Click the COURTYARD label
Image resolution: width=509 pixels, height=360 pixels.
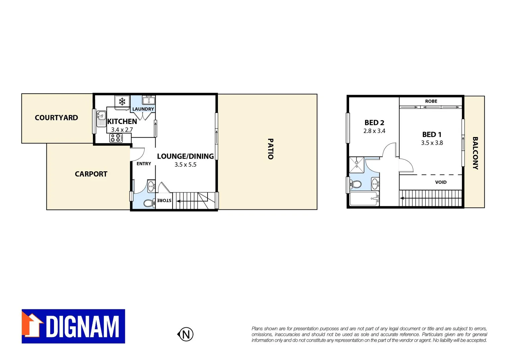56,118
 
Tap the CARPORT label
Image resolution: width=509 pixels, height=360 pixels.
91,174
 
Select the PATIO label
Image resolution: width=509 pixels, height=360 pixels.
270,149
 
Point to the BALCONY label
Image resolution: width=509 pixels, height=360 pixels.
475,153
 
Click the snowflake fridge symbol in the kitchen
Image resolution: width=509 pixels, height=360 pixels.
122,101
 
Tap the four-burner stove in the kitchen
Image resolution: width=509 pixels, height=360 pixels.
116,138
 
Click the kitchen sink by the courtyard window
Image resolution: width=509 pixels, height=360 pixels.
101,118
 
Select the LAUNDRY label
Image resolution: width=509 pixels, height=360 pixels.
143,109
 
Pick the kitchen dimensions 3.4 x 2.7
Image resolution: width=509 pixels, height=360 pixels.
122,130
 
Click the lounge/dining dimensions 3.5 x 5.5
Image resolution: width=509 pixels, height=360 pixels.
186,165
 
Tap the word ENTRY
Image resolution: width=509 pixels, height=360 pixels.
144,164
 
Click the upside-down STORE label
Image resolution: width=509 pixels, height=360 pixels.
164,200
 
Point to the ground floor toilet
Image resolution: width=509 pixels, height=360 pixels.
149,203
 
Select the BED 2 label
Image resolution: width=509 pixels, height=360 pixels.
374,123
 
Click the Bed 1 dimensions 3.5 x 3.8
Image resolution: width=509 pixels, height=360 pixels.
432,143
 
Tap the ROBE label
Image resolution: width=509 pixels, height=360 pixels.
431,101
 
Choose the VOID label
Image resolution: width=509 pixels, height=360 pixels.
441,182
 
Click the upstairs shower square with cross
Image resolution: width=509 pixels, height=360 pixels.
356,165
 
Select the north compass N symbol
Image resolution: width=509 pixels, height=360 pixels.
186,334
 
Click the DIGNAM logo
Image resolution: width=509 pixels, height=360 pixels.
73,326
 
